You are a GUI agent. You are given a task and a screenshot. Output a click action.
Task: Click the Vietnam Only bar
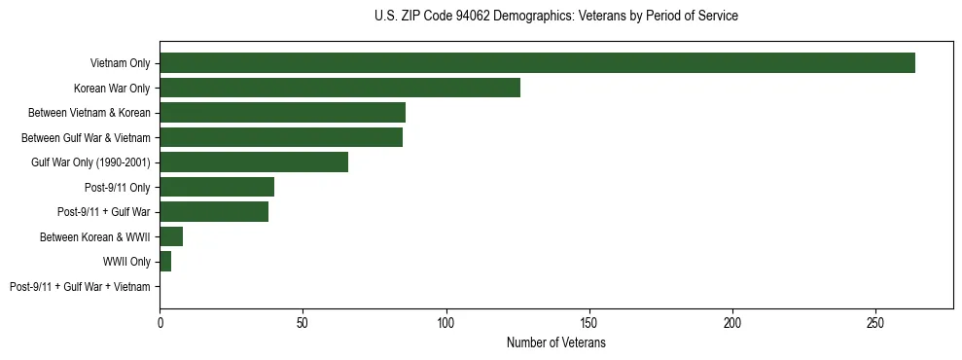click(537, 63)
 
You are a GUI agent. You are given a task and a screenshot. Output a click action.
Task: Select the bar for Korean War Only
click(339, 88)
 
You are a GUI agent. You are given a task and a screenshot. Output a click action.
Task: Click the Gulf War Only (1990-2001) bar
click(254, 162)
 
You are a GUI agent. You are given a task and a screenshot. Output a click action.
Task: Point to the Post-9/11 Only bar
click(217, 187)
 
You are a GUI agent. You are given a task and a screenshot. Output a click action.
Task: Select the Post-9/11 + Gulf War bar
click(214, 212)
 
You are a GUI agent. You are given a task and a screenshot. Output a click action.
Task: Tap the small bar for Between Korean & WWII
click(171, 236)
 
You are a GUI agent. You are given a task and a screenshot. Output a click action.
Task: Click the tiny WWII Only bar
click(165, 262)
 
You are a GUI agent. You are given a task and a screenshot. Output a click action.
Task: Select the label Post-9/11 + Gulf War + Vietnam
click(80, 287)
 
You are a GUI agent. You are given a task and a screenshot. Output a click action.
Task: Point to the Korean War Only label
click(112, 89)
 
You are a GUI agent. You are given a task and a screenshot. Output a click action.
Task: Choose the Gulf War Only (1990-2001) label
click(90, 162)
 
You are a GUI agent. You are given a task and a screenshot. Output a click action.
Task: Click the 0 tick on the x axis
click(160, 321)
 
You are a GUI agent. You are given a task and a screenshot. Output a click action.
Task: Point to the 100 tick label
click(446, 321)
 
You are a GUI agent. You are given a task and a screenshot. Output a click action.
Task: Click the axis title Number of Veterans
click(555, 343)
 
